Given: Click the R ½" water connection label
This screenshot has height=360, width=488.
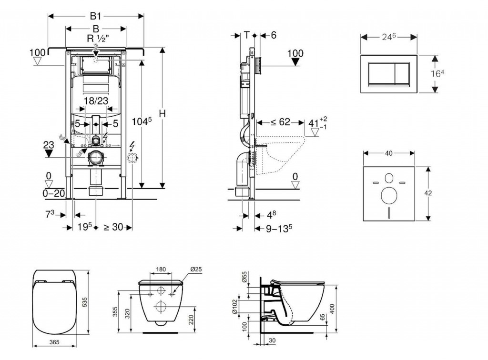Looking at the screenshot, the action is coord(98,39).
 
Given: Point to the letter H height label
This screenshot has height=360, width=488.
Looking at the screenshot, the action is coord(162,114).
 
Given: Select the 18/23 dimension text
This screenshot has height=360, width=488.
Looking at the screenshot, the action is coord(96,101).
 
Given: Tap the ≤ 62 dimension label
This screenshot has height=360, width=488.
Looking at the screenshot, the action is coord(280,122).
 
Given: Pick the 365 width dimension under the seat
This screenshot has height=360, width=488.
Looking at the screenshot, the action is coord(54,342).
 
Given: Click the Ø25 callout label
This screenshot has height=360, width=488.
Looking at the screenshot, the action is coord(196,269).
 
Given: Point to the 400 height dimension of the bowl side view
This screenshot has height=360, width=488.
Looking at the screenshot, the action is coord(332,309).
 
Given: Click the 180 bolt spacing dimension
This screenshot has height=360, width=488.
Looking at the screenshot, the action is coord(161,269).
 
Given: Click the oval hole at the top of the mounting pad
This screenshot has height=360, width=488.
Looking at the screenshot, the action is coord(389,178).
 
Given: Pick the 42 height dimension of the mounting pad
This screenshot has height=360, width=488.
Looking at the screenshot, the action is coord(428,193).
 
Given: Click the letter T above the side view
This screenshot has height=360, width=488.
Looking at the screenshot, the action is coord(246,35).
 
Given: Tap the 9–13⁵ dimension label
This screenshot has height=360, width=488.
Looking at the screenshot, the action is coord(279,229).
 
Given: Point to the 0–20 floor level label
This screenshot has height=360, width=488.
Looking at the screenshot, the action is coord(53,193).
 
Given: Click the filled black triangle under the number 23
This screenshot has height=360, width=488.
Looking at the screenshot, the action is coord(49,153).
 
